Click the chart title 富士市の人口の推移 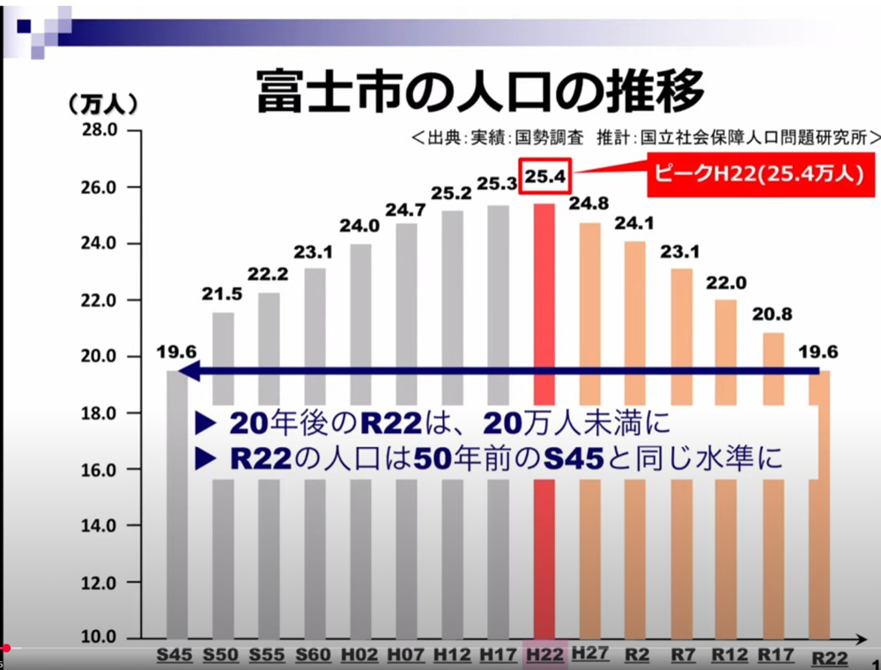pos(480,91)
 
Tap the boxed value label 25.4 pos(546,177)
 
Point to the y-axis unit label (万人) pos(103,104)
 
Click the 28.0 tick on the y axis pos(99,130)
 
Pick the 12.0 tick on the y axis pos(99,583)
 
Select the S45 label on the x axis pos(175,655)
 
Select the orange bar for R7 pos(682,335)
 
